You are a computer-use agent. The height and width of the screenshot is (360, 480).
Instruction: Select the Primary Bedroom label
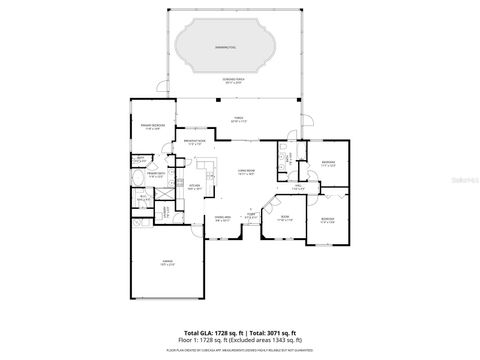pos(152,127)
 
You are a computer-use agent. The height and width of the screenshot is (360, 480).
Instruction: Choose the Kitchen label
pos(194,186)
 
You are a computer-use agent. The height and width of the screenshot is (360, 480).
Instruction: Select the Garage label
pos(167,264)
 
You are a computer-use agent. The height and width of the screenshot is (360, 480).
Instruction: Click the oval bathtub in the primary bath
pos(137,180)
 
